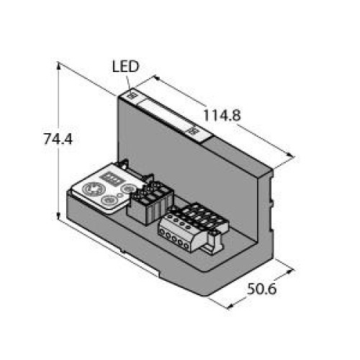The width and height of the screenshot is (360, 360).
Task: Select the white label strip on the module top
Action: [x=166, y=113]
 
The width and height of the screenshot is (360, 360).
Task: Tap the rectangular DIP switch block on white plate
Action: [x=114, y=175]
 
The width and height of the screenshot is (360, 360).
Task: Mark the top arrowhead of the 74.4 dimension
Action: [x=57, y=63]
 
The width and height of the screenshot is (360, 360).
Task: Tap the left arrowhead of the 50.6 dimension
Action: [x=230, y=305]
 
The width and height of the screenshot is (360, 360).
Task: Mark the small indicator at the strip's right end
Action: [x=193, y=130]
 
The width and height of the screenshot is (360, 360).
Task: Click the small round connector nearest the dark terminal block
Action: [x=130, y=189]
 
